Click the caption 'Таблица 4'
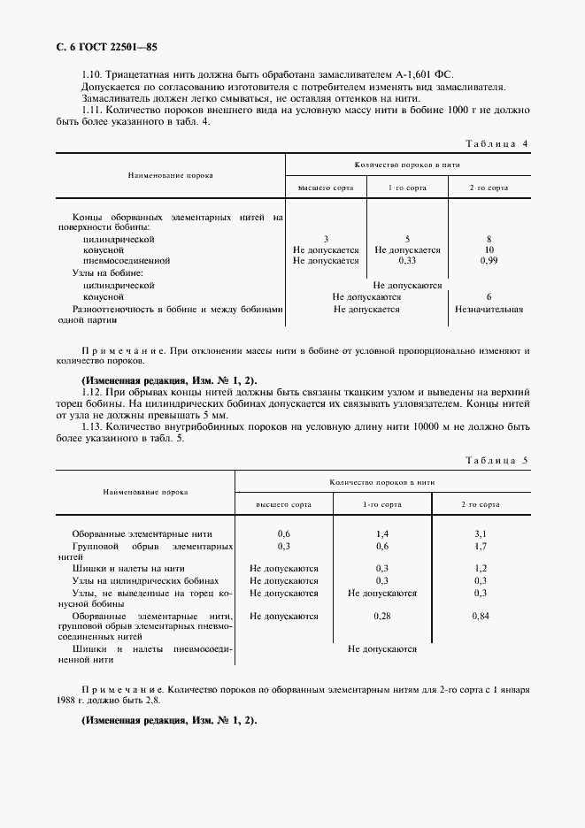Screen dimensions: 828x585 pos(496,143)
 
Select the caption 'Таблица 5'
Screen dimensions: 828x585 pos(496,461)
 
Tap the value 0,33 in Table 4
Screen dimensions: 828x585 pos(407,261)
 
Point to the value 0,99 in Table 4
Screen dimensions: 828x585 pos(489,261)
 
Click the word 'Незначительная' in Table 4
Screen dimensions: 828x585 pos(489,310)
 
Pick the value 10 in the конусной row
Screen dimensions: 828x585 pos(489,250)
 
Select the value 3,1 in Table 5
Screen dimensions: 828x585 pos(481,534)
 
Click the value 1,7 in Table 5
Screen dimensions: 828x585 pos(481,546)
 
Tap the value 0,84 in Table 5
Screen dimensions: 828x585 pos(481,615)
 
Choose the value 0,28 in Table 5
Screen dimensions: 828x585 pos(382,615)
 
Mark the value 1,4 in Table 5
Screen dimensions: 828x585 pos(382,534)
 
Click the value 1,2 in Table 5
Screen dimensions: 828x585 pos(481,569)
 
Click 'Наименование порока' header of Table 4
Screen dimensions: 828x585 pos(170,175)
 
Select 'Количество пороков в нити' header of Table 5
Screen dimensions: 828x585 pos(382,482)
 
